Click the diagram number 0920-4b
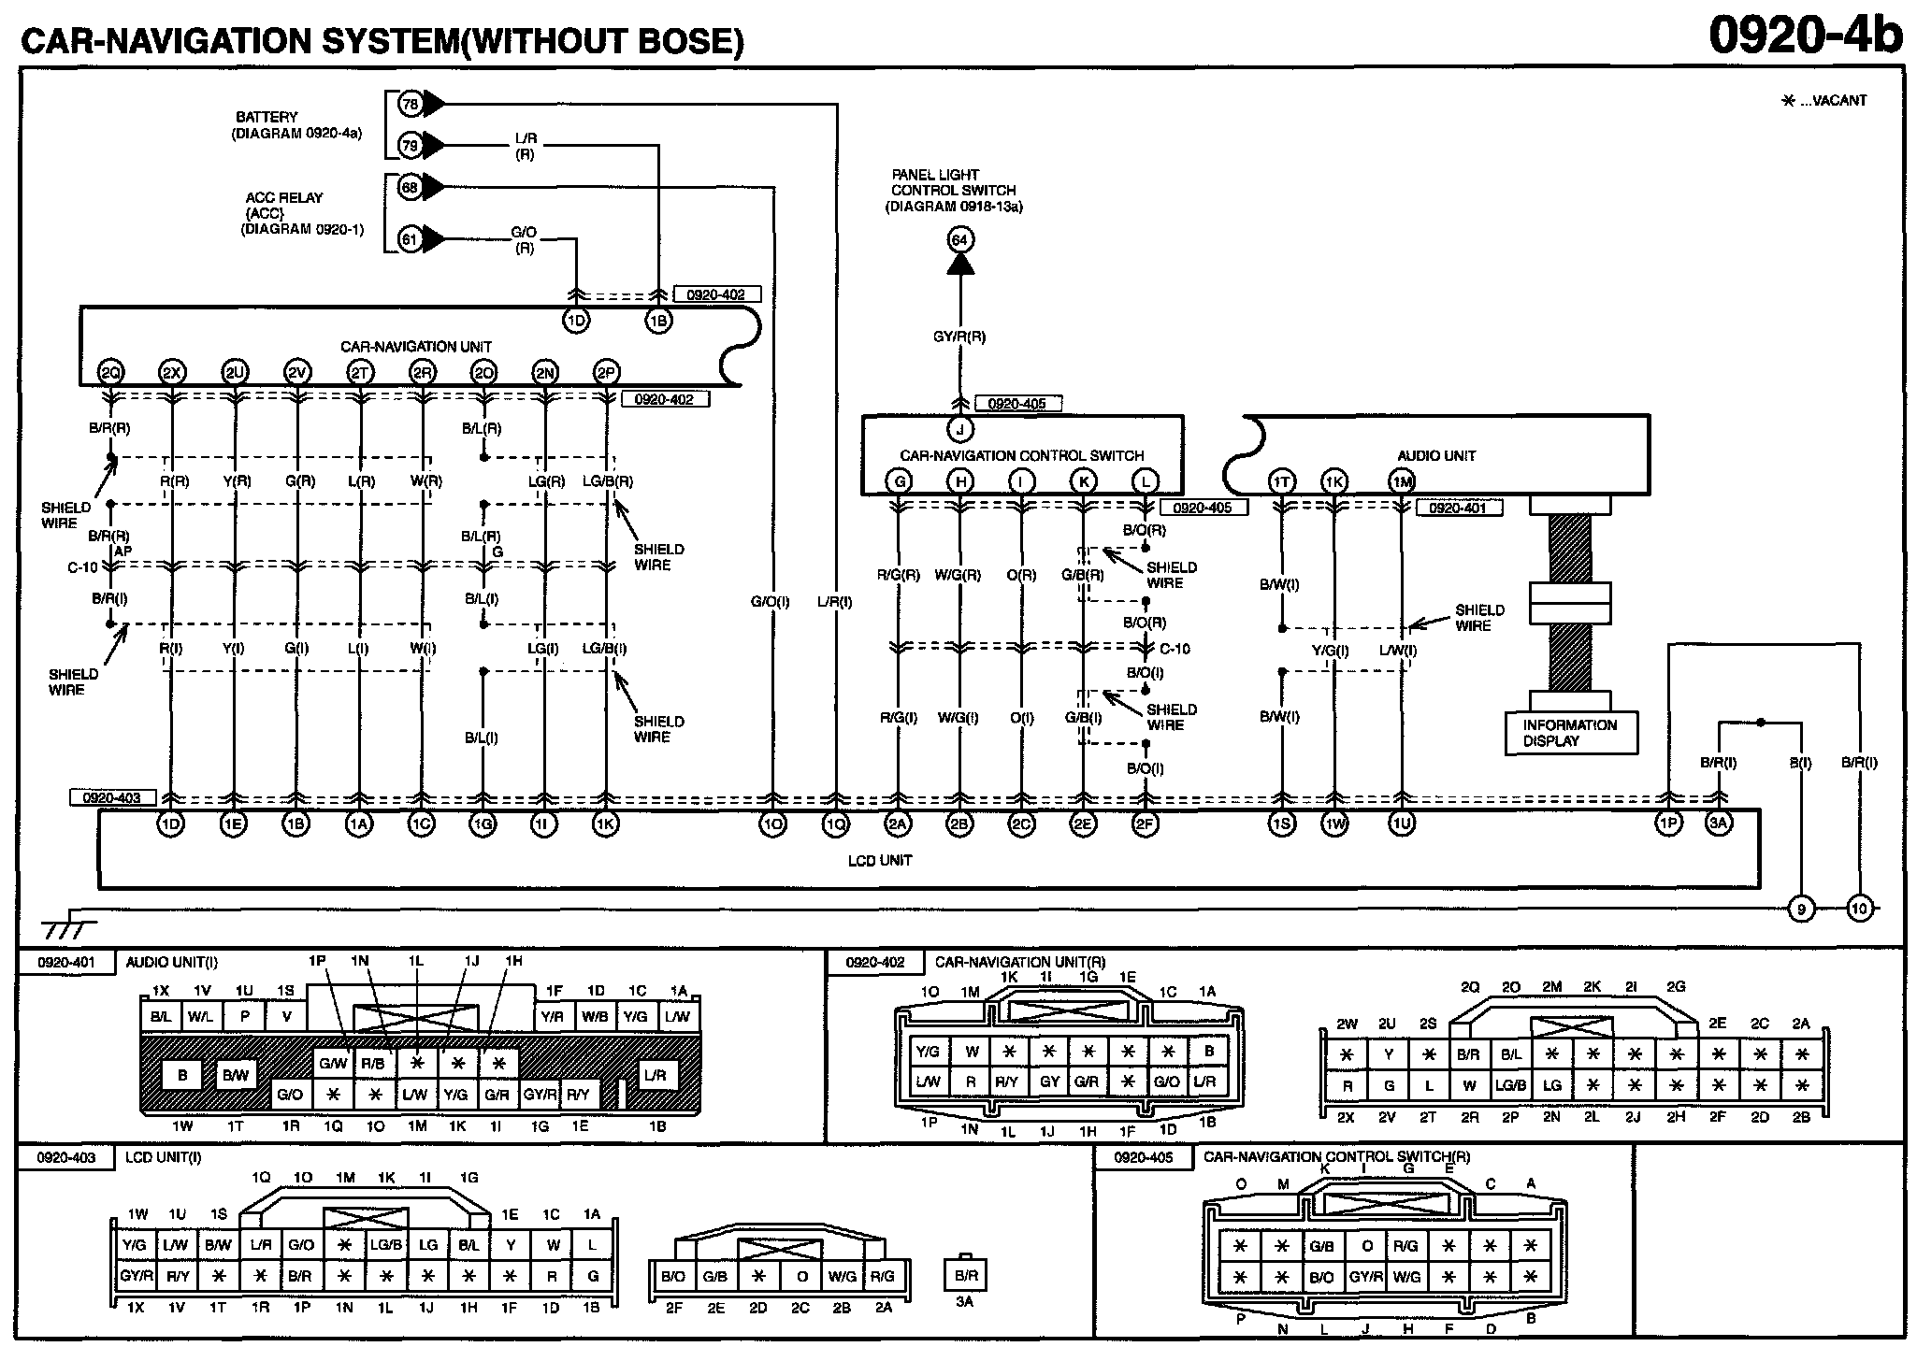coord(1805,36)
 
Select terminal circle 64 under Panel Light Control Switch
coord(959,240)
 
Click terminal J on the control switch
coord(960,429)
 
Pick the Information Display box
coord(1570,733)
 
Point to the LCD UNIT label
coord(879,860)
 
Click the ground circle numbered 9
coord(1800,908)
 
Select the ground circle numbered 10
coord(1860,908)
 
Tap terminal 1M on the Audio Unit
coord(1402,481)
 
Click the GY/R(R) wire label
coord(959,337)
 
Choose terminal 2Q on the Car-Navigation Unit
coord(110,372)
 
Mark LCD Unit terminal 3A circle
coord(1719,824)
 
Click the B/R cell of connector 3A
coord(965,1275)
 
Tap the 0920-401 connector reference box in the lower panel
coord(66,962)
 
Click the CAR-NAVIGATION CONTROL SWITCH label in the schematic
coord(1022,456)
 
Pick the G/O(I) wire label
coord(770,602)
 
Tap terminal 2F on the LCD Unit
coord(1145,824)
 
